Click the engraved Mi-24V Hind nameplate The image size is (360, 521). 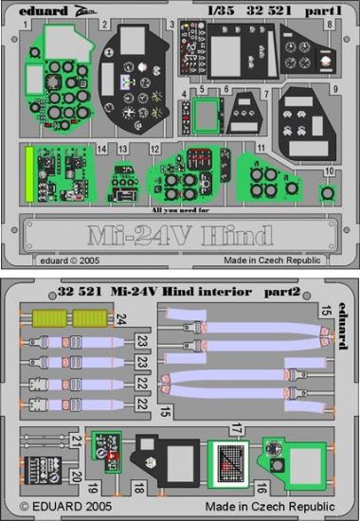[180, 234]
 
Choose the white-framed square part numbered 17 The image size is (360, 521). [228, 463]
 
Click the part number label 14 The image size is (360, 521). [99, 151]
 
